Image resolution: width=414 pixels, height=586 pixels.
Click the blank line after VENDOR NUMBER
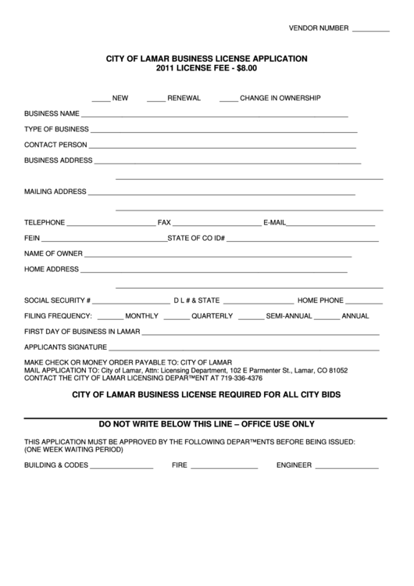(x=371, y=30)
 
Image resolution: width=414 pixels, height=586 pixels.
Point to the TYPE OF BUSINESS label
(x=56, y=129)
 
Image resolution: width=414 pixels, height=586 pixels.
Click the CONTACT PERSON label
(x=55, y=145)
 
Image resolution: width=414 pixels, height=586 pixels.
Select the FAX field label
(x=164, y=222)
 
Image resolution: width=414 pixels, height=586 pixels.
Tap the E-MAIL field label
(x=276, y=222)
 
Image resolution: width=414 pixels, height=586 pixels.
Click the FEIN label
(x=32, y=238)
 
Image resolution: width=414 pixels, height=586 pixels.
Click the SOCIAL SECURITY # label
(x=58, y=300)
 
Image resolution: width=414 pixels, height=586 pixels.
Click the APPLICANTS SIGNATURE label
(x=65, y=347)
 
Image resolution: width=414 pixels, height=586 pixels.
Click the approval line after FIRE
(x=224, y=467)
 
